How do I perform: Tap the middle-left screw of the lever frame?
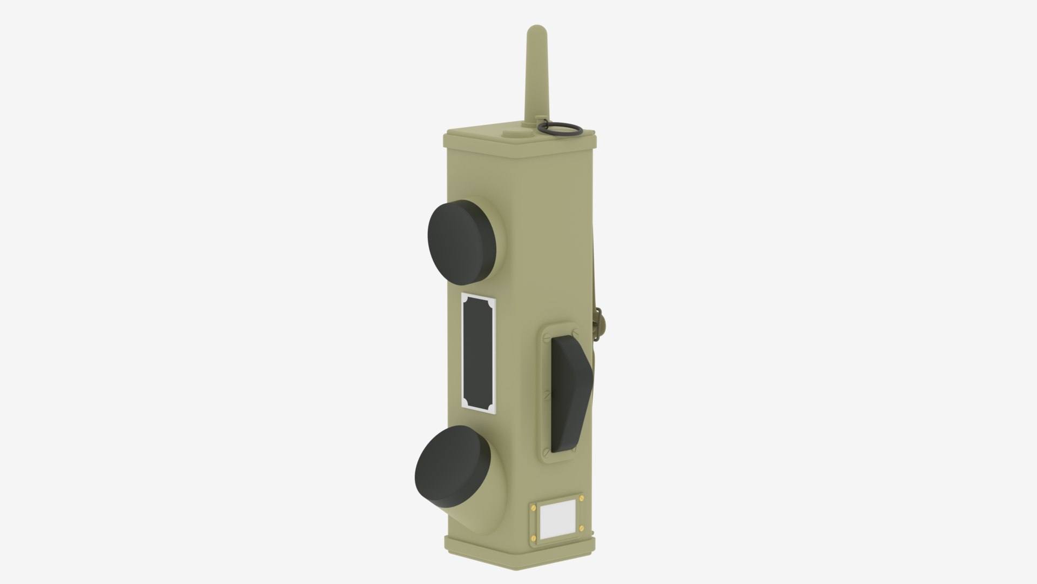click(x=547, y=395)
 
